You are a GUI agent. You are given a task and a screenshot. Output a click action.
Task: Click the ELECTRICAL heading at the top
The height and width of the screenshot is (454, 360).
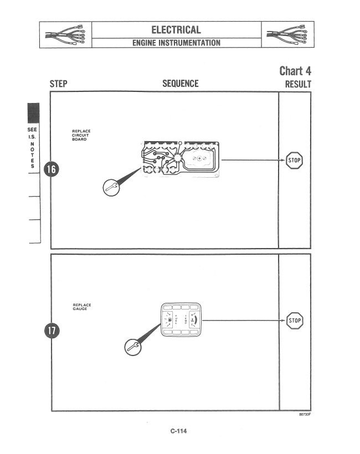pyautogui.click(x=176, y=29)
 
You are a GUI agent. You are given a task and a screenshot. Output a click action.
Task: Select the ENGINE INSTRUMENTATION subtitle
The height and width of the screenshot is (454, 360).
pyautogui.click(x=176, y=43)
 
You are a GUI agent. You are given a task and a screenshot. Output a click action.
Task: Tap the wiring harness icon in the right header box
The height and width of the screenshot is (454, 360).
pyautogui.click(x=287, y=34)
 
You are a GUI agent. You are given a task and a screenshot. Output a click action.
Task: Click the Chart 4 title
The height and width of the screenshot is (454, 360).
pyautogui.click(x=295, y=71)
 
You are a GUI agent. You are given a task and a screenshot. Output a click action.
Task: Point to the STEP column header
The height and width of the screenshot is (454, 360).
pyautogui.click(x=59, y=84)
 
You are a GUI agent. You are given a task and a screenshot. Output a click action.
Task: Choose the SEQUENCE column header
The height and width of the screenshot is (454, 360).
pyautogui.click(x=180, y=84)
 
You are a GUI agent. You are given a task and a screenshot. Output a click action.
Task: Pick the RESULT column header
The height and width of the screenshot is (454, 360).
pyautogui.click(x=297, y=84)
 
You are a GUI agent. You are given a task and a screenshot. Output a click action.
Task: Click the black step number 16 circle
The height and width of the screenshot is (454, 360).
pyautogui.click(x=51, y=169)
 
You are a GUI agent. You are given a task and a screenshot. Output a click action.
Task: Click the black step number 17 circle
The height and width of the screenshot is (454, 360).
pyautogui.click(x=51, y=331)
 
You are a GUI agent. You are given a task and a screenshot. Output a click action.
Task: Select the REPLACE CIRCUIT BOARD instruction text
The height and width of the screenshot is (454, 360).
pyautogui.click(x=81, y=135)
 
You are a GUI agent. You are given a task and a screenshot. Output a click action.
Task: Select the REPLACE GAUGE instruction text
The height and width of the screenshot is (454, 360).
pyautogui.click(x=82, y=306)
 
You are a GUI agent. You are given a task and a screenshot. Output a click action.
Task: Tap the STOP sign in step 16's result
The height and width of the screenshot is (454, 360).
pyautogui.click(x=295, y=161)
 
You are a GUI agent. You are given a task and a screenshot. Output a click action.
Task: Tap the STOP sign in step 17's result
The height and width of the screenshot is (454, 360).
pyautogui.click(x=295, y=321)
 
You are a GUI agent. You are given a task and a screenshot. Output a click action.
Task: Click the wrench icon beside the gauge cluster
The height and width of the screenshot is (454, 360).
pyautogui.click(x=132, y=347)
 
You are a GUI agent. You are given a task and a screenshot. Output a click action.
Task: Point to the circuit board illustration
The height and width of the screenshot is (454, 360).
pyautogui.click(x=181, y=159)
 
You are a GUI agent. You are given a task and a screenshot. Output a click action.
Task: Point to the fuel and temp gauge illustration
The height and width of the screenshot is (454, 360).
pyautogui.click(x=181, y=321)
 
